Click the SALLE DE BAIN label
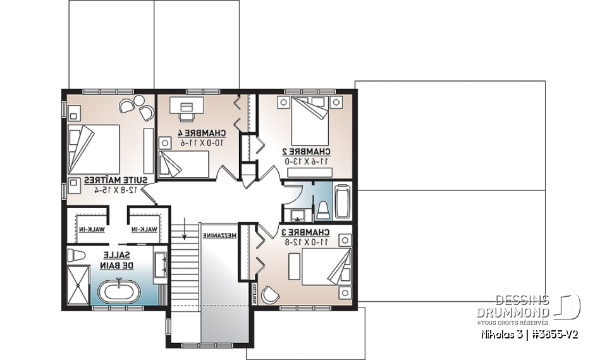click(116, 259)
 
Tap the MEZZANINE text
click(219, 235)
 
